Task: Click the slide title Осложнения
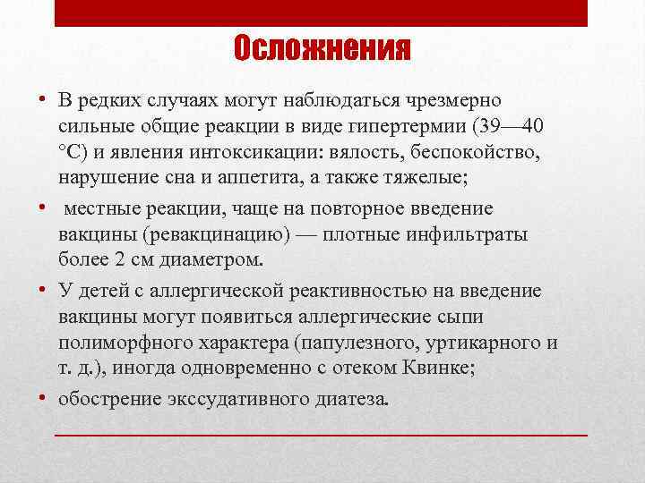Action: pos(322,47)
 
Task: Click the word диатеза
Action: pos(355,398)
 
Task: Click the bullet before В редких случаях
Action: pos(42,97)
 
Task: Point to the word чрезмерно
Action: pos(460,97)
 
